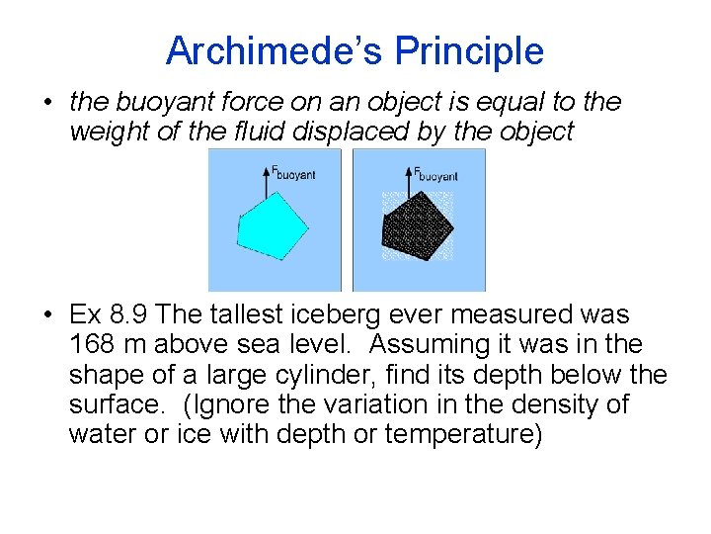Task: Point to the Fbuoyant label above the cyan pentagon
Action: coord(292,172)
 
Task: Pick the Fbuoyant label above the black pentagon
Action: coord(435,172)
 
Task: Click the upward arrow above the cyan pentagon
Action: coord(265,178)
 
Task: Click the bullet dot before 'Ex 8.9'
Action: coord(48,315)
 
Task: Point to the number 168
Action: coord(90,345)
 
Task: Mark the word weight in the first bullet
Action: coord(100,133)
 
